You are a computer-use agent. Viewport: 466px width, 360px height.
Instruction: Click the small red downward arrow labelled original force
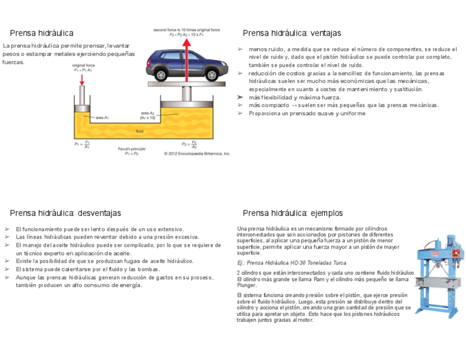(82, 79)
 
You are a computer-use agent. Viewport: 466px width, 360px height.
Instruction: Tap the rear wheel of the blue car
(161, 74)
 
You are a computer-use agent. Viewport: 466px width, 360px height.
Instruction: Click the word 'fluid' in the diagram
(140, 131)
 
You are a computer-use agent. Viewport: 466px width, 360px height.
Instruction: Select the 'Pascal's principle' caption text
(132, 149)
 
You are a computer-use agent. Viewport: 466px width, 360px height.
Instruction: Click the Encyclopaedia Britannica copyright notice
(197, 154)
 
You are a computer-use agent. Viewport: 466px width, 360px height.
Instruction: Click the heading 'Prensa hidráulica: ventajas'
(292, 33)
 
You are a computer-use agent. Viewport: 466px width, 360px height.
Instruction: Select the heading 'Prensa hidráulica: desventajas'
(65, 213)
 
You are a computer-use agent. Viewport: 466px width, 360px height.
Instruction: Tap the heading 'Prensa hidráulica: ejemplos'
(292, 213)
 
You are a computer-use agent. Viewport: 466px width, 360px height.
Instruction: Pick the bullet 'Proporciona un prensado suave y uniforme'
(307, 113)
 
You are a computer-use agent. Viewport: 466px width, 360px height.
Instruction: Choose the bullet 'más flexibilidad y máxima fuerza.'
(295, 97)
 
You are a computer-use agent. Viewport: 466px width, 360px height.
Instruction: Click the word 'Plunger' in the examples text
(247, 285)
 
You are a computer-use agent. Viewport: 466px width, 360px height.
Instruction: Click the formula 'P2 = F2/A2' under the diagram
(190, 144)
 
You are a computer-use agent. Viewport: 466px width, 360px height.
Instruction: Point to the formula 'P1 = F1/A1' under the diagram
(82, 144)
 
